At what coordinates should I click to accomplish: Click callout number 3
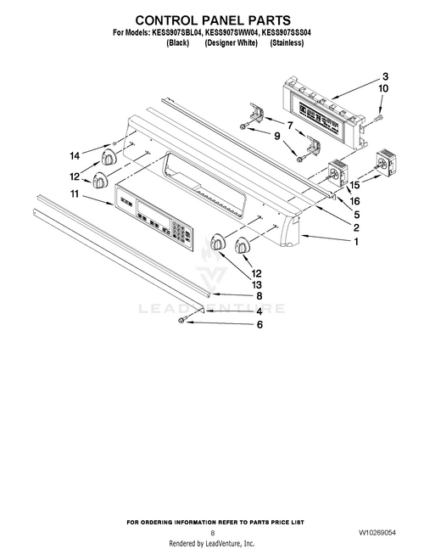(384, 75)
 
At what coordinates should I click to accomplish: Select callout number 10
(383, 88)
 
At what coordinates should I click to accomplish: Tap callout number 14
(75, 155)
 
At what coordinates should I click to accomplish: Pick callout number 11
(75, 195)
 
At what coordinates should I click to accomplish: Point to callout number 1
(355, 243)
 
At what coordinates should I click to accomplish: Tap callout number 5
(356, 215)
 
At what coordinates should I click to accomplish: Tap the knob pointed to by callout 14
(108, 159)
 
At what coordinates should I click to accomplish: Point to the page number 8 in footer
(212, 532)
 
